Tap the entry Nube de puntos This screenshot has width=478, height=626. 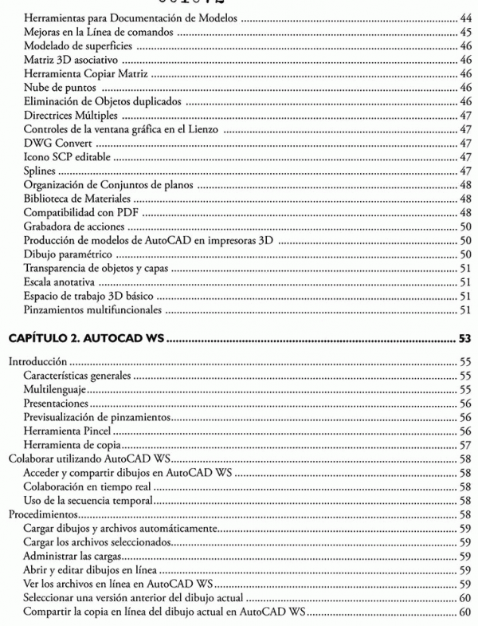point(59,87)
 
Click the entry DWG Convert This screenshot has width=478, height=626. point(59,143)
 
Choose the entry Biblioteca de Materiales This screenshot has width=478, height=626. point(77,198)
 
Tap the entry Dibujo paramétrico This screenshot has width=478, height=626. point(67,254)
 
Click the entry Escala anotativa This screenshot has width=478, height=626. point(61,282)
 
